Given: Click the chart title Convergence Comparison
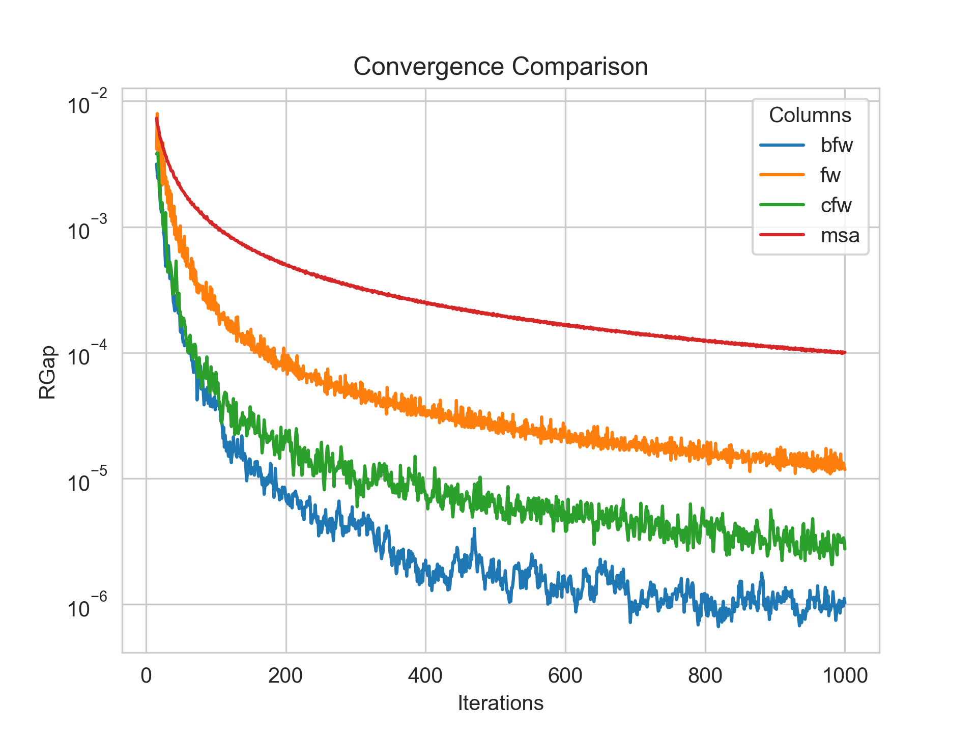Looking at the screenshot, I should coord(500,67).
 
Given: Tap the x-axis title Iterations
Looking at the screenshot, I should coord(500,703).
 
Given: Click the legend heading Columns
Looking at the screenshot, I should coord(810,115).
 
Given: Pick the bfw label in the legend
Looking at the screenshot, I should coord(836,145).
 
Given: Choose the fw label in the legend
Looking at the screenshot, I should coord(830,175).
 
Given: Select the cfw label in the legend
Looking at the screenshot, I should coord(836,205).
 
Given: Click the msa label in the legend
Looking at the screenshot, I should coord(840,235).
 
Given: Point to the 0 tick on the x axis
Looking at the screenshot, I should coord(147,675).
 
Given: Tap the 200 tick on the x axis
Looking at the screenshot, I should coord(286,675).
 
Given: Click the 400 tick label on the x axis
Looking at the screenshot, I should coord(425,675).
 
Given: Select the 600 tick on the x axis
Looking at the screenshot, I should coord(565,675).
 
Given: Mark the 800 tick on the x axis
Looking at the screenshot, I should coord(705,675).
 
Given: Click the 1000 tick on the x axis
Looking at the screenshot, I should coord(845,675).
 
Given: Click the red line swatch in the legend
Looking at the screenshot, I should coord(782,235).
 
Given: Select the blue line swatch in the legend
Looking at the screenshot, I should coord(782,145).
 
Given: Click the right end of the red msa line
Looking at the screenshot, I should coord(844,352).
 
